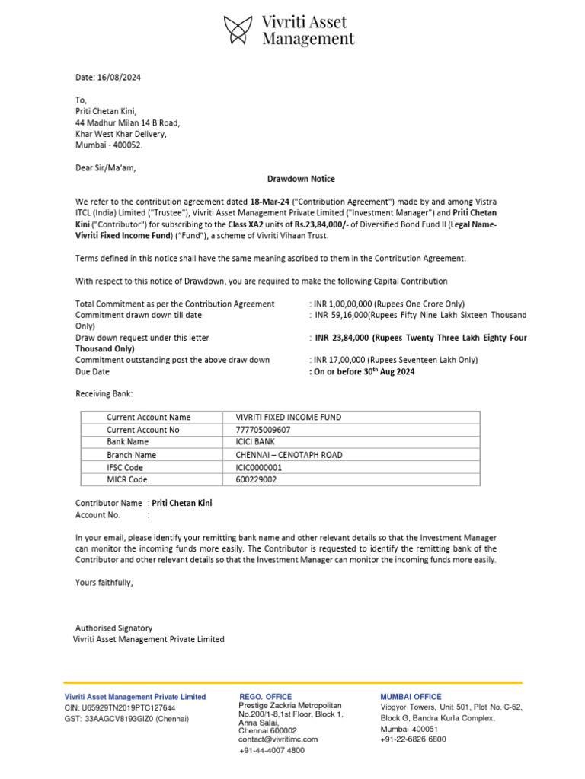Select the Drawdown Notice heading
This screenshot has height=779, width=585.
point(300,179)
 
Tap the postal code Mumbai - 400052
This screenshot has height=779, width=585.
point(108,145)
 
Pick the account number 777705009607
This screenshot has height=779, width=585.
point(263,429)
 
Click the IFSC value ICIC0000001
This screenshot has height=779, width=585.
point(258,467)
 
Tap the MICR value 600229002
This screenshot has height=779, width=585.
point(257,479)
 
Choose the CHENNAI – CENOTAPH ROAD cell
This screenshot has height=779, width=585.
point(289,455)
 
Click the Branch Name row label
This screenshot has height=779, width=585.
point(131,455)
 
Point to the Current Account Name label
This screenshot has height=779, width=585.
point(149,417)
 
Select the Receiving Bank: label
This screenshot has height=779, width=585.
point(104,394)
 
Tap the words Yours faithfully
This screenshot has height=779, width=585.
point(104,583)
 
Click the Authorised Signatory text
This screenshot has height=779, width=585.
point(113,628)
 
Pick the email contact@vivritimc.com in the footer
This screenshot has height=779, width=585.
point(278,739)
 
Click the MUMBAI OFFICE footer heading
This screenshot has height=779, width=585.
point(411,696)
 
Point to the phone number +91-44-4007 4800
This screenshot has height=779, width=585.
point(272,750)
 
